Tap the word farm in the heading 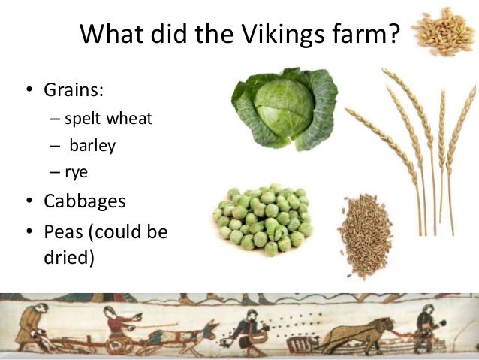(x=360, y=34)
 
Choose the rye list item (x=77, y=171)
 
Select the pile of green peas (x=264, y=218)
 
